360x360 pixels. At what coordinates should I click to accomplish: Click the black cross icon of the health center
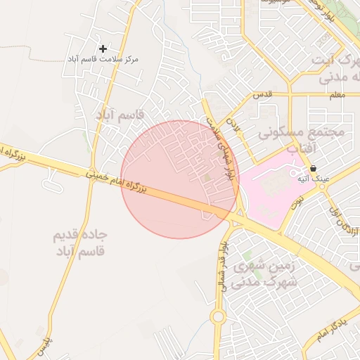tap(103, 49)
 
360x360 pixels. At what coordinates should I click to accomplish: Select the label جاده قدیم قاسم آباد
tap(79, 242)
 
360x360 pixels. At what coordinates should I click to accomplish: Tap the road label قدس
tap(262, 94)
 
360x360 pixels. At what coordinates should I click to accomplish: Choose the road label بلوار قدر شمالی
tap(222, 266)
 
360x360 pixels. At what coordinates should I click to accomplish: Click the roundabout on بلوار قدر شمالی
tap(218, 317)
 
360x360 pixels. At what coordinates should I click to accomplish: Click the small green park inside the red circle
tap(207, 176)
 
